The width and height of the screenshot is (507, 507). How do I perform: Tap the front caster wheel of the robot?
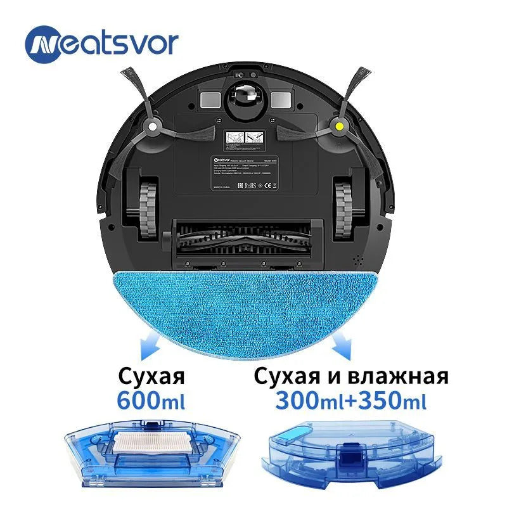(245, 98)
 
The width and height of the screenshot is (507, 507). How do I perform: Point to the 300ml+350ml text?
(351, 401)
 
